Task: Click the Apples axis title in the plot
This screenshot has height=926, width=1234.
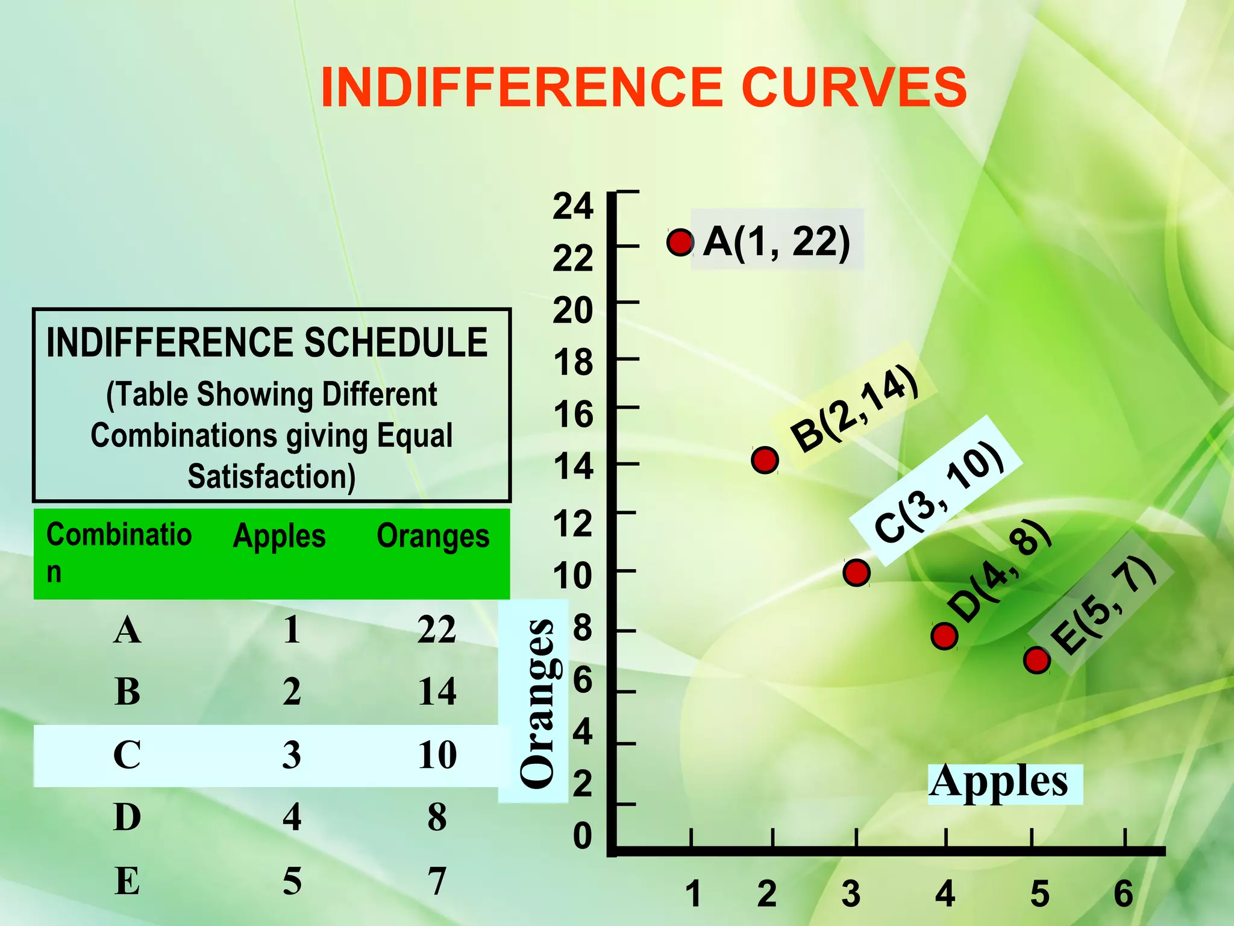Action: coord(998,782)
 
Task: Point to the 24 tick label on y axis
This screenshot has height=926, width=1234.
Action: coord(572,206)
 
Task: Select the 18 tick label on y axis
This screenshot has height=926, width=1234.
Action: coord(572,363)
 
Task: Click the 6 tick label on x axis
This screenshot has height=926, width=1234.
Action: coord(1123,893)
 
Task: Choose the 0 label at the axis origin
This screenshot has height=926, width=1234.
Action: coord(582,836)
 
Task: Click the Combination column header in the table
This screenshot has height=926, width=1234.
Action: coord(119,551)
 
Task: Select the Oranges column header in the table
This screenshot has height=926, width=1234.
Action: coord(433,536)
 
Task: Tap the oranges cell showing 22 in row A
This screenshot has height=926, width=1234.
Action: coord(437,631)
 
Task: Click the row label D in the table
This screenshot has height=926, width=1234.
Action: coord(127,817)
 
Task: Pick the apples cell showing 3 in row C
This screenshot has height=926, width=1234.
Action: coord(292,755)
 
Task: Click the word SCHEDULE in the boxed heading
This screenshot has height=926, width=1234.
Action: coord(396,342)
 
